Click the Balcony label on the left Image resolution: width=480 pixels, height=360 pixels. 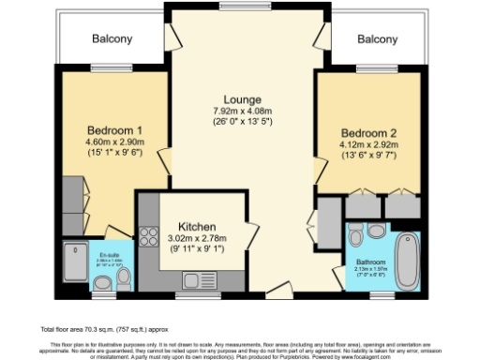click(112, 39)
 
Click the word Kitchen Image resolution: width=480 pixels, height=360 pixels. click(198, 227)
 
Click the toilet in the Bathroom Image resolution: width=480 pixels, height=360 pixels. click(375, 232)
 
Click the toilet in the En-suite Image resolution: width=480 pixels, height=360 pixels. click(107, 284)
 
